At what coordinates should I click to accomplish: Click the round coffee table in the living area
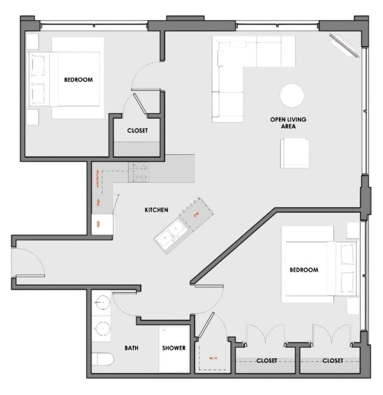[292, 96]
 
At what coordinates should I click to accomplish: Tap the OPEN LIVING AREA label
[288, 123]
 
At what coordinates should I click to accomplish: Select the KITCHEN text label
[156, 210]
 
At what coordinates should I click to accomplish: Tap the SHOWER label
[173, 348]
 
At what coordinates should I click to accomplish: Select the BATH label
[131, 348]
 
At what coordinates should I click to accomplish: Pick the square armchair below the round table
[295, 153]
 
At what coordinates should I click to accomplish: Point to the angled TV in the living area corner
[341, 44]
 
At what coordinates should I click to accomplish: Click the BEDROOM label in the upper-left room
[78, 80]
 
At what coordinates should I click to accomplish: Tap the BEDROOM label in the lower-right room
[304, 270]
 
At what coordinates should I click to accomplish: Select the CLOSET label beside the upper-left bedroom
[137, 131]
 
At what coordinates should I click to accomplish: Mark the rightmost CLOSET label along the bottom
[333, 360]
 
